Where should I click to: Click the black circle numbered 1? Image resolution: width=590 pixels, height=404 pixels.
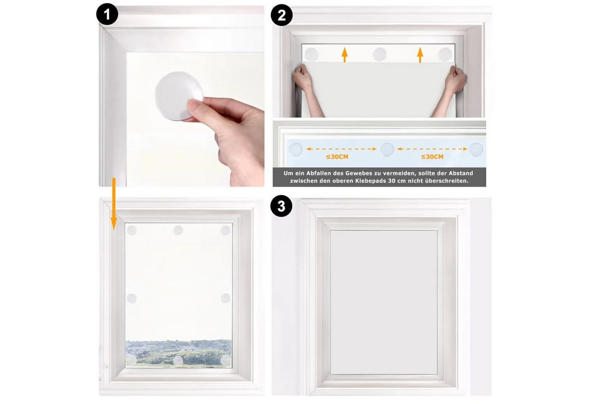tap(107, 14)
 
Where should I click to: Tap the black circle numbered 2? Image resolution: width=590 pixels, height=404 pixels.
tap(282, 15)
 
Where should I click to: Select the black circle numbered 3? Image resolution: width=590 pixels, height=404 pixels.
tap(282, 206)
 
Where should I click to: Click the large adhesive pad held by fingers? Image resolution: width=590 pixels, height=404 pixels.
tap(179, 96)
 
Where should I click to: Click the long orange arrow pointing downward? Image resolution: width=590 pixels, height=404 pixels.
tap(114, 204)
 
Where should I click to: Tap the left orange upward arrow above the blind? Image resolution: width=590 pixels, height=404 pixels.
tap(345, 55)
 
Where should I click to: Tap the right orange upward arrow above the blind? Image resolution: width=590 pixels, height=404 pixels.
tap(420, 55)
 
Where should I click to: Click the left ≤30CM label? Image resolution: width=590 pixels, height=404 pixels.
tap(337, 157)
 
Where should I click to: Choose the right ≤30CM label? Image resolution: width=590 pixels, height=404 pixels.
tap(432, 157)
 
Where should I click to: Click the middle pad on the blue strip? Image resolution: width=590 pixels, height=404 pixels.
tap(387, 149)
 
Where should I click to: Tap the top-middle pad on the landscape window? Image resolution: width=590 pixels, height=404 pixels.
tap(178, 230)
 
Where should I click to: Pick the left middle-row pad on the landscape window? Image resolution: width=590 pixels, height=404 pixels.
tap(131, 298)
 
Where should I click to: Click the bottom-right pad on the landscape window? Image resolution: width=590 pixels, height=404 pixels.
tap(225, 360)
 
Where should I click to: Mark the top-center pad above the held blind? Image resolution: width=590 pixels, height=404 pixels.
tap(380, 54)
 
